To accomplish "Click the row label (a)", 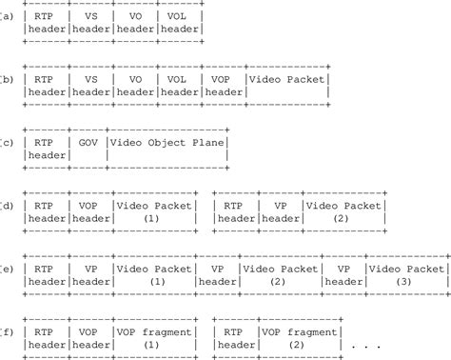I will pos(7,16).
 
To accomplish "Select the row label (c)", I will pos(7,142).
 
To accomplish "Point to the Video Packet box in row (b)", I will pos(286,86).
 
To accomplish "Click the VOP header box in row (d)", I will pos(90,211).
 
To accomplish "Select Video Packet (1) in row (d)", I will pos(153,211).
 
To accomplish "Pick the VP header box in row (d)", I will pos(281,211).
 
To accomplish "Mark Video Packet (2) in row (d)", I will pos(343,211).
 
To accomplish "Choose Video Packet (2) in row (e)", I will pos(279,274).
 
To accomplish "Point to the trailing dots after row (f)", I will pos(366,344).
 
